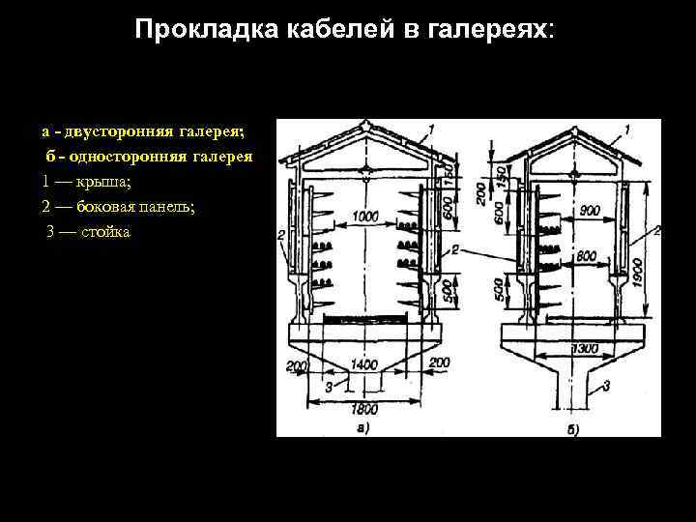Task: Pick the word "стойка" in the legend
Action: (x=105, y=232)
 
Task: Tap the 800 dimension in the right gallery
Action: (x=585, y=254)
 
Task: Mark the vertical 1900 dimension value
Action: (x=637, y=274)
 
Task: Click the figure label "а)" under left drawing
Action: (x=363, y=426)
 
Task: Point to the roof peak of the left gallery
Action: (x=364, y=124)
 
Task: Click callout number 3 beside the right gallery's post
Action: (x=606, y=386)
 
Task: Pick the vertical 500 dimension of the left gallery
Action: (x=448, y=292)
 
